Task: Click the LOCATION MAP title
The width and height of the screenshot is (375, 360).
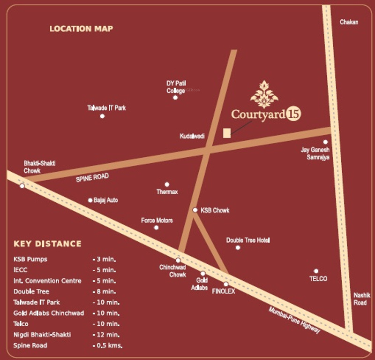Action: point(81,29)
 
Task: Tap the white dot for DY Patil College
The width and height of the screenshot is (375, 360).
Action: point(175,98)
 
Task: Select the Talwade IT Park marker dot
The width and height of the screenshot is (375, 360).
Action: point(102,116)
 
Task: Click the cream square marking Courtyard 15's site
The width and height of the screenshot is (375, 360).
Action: point(227,133)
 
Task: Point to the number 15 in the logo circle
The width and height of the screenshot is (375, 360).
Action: point(296,114)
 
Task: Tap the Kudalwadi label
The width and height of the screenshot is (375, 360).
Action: point(192,136)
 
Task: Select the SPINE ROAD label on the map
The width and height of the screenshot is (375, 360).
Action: point(92,178)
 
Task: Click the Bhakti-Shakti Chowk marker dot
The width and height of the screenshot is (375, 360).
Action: point(22,186)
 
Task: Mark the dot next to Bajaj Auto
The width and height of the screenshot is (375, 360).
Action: point(90,200)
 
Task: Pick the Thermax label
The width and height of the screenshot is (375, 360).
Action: point(167,192)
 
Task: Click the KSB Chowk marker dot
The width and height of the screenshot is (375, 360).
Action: point(195,210)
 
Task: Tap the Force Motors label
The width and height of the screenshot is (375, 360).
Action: point(157,220)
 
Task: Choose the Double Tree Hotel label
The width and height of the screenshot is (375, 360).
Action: point(248,240)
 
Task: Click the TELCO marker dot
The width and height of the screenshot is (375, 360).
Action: point(316,271)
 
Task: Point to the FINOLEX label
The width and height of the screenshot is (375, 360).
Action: point(224,291)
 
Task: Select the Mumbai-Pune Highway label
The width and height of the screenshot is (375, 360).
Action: point(294,320)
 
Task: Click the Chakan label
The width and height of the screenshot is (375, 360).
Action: point(349,22)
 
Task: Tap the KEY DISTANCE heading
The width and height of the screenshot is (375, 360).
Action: point(47,244)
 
